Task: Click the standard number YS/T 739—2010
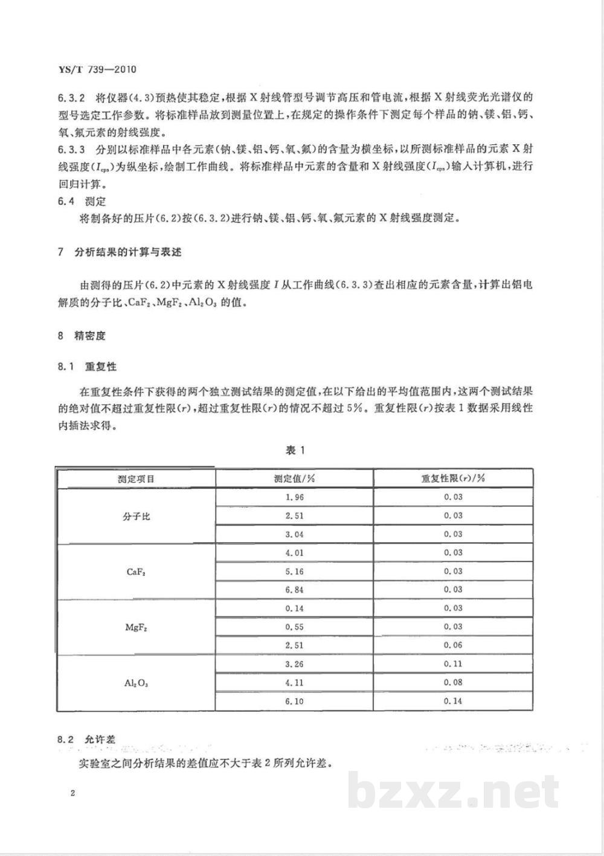click(x=97, y=69)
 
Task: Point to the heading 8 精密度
click(x=82, y=336)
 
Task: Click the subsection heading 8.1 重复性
click(x=87, y=366)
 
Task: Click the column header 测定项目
click(x=136, y=479)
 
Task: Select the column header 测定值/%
click(x=294, y=479)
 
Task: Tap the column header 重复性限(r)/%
click(x=453, y=479)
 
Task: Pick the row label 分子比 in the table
click(x=136, y=516)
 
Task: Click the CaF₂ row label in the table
click(x=136, y=572)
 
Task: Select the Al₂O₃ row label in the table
click(x=136, y=683)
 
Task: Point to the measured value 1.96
click(x=294, y=497)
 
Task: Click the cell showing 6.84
click(x=294, y=590)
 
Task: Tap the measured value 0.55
click(x=294, y=627)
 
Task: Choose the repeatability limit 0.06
click(x=453, y=645)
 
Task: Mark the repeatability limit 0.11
click(x=453, y=664)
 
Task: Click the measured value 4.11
click(x=294, y=683)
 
